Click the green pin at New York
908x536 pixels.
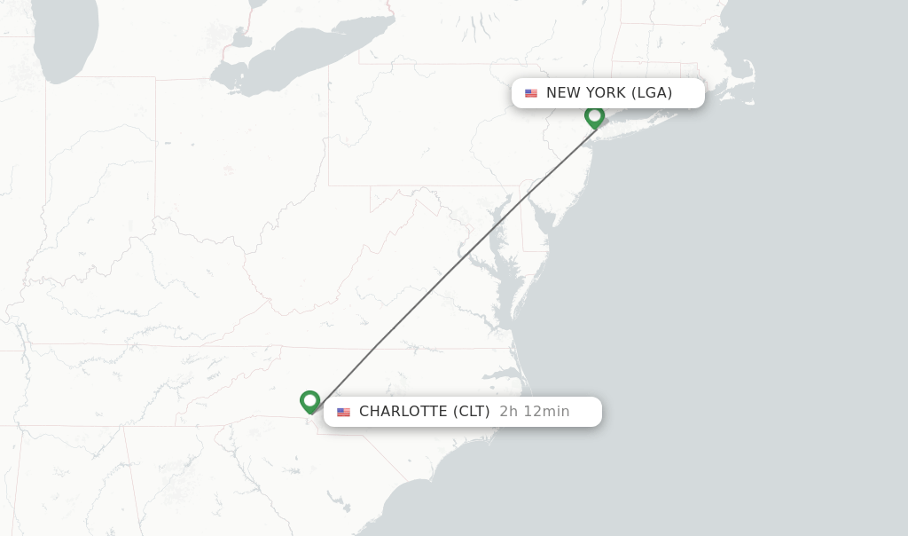[594, 116]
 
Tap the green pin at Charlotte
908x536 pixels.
[309, 401]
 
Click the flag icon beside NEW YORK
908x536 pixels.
[531, 93]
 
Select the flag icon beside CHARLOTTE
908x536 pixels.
[343, 412]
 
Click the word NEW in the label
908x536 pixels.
[562, 93]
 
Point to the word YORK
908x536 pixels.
[605, 93]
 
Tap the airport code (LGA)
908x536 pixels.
[652, 93]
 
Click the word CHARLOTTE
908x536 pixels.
[403, 412]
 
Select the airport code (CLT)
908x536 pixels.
[471, 412]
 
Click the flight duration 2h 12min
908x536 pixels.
[534, 412]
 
